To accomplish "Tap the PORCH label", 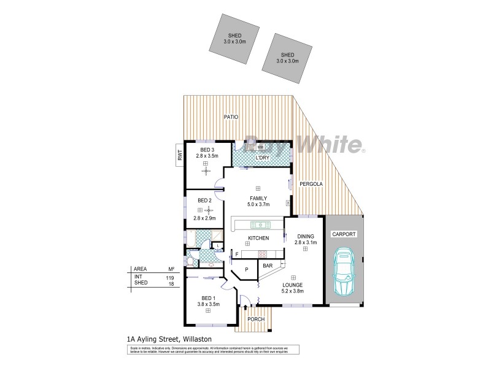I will click(x=256, y=320).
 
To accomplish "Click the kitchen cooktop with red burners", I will click(x=262, y=254).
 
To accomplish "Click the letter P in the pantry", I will click(x=247, y=269).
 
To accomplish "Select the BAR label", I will click(x=268, y=266).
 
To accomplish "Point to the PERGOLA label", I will click(x=311, y=184).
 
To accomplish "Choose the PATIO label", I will click(x=231, y=116).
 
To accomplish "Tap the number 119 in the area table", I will click(x=169, y=277).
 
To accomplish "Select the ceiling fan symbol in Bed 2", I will click(x=208, y=210).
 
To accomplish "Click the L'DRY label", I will click(x=265, y=158).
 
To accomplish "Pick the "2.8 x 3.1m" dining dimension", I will click(x=305, y=243).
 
